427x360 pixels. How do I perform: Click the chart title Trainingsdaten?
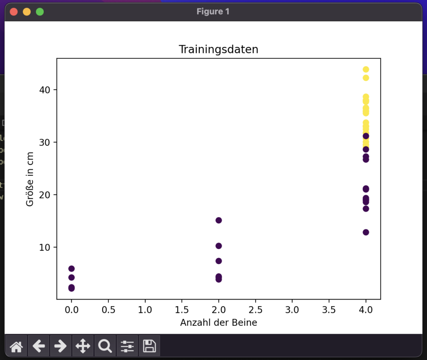(x=219, y=50)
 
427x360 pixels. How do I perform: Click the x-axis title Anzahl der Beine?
(x=219, y=322)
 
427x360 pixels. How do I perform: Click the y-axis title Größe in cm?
(x=30, y=179)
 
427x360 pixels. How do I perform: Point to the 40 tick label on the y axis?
(x=45, y=90)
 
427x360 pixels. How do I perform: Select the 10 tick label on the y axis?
(x=45, y=247)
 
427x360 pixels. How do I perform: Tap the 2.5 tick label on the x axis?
(x=256, y=310)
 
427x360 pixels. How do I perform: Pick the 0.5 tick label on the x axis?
(x=108, y=310)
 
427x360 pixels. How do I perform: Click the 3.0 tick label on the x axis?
(x=292, y=310)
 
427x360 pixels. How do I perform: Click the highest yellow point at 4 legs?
(x=366, y=70)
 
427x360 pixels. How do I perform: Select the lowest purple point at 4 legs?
(x=366, y=232)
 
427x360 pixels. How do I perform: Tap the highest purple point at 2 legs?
(x=219, y=220)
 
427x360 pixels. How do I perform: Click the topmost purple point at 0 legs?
(x=71, y=269)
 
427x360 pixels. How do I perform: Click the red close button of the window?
(x=14, y=12)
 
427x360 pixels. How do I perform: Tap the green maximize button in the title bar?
(x=40, y=12)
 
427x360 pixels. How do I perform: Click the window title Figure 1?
(x=213, y=11)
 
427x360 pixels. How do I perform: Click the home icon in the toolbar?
(x=16, y=346)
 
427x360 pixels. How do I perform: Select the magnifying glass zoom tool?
(x=105, y=346)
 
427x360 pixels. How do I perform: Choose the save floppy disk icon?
(x=149, y=346)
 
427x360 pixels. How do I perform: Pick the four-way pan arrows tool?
(x=83, y=346)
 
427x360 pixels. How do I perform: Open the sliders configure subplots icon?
(x=127, y=346)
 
